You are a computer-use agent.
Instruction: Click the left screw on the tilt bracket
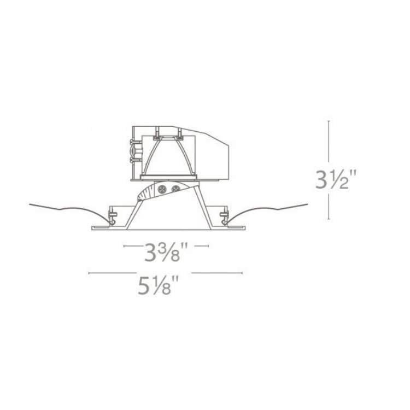click(x=162, y=189)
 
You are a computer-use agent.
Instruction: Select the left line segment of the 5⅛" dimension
click(x=109, y=272)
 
